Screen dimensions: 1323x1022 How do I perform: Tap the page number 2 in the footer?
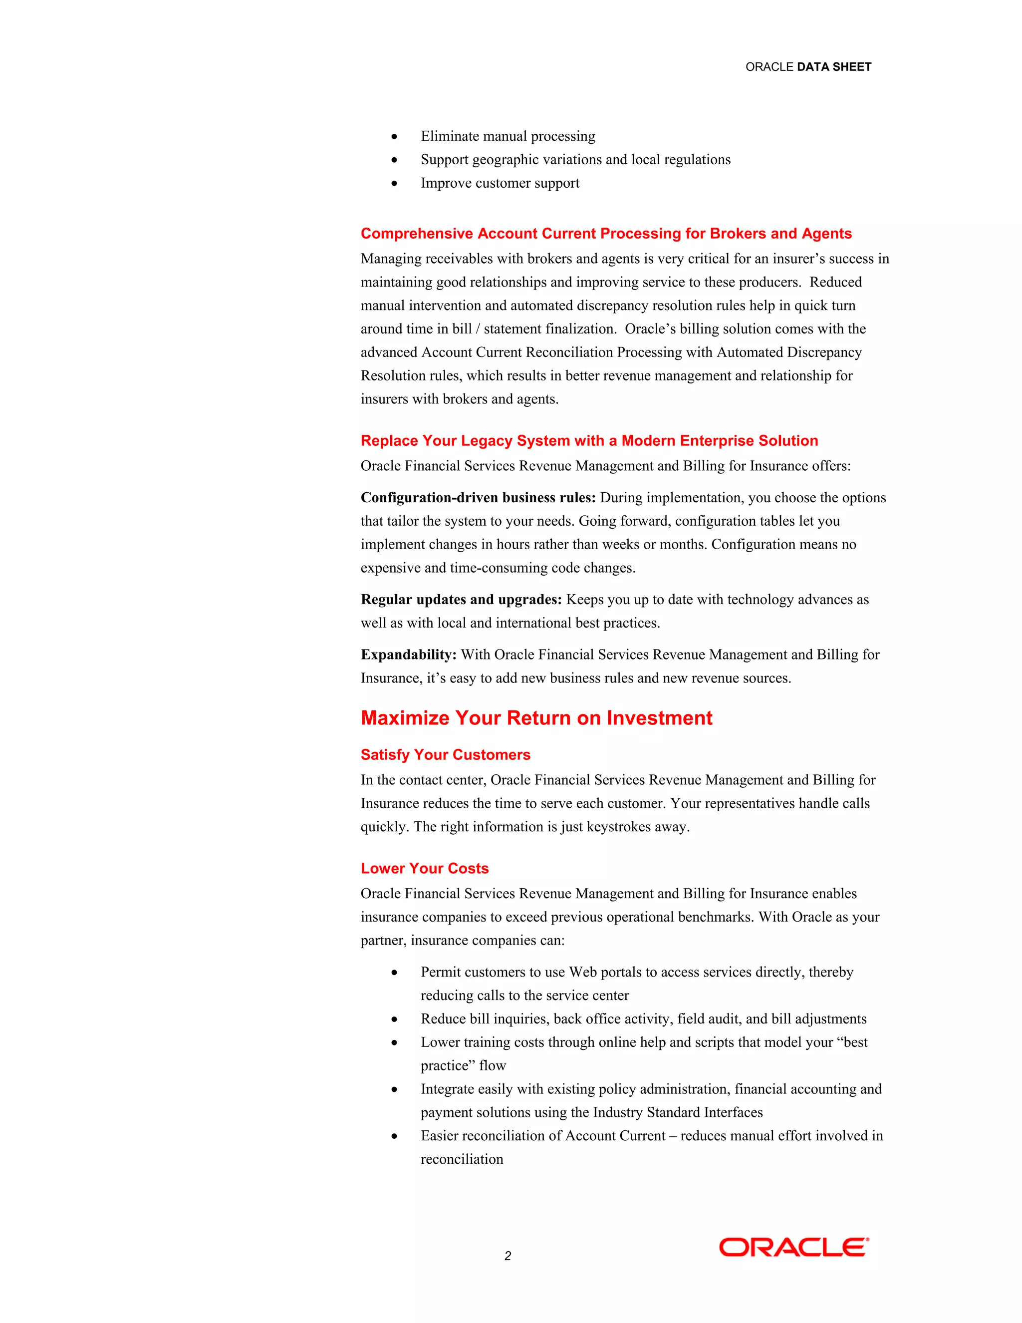tap(508, 1256)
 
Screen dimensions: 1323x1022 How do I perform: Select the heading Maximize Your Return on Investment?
tap(536, 718)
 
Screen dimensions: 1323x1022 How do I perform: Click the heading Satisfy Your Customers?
tap(445, 755)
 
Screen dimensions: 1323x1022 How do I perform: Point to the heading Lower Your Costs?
tap(425, 868)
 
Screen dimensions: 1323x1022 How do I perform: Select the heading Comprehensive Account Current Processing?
tap(605, 233)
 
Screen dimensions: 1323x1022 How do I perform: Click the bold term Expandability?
tap(409, 655)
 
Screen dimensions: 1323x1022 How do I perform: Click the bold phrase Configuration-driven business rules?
tap(478, 498)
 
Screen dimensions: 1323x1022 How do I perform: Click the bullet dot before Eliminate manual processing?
tap(394, 137)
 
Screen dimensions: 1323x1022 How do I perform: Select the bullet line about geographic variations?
tap(575, 159)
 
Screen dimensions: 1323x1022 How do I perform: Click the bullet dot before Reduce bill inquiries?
tap(394, 1019)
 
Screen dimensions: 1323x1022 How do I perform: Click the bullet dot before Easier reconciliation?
tap(394, 1136)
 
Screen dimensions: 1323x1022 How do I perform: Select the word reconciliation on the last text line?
tap(462, 1159)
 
